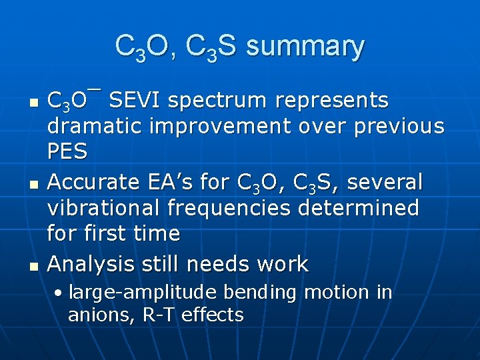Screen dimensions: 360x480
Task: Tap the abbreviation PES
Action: tap(67, 152)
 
